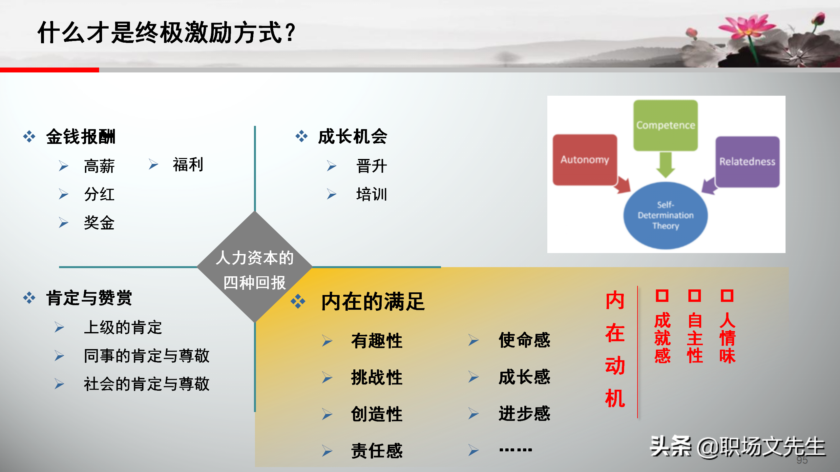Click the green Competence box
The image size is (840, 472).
[x=665, y=125]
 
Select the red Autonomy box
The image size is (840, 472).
[x=585, y=160]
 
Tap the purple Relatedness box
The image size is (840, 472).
[x=747, y=162]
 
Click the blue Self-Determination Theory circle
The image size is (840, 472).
[x=665, y=215]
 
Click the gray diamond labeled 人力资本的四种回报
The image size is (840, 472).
[x=255, y=267]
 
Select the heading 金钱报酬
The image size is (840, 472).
[x=81, y=136]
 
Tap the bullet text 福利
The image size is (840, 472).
[x=188, y=165]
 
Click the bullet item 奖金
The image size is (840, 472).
[x=99, y=223]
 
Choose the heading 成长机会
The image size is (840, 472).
[x=353, y=136]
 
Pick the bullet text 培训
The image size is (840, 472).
[x=372, y=194]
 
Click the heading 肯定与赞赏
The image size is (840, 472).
[x=89, y=298]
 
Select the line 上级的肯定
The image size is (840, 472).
[x=123, y=327]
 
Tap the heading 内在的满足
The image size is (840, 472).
[x=373, y=302]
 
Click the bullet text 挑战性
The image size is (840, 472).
[x=377, y=377]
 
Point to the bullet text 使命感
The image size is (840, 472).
[x=524, y=340]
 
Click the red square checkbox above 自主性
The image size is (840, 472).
[x=695, y=296]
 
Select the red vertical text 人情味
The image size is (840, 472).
[x=727, y=338]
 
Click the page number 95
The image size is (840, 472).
[x=802, y=460]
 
